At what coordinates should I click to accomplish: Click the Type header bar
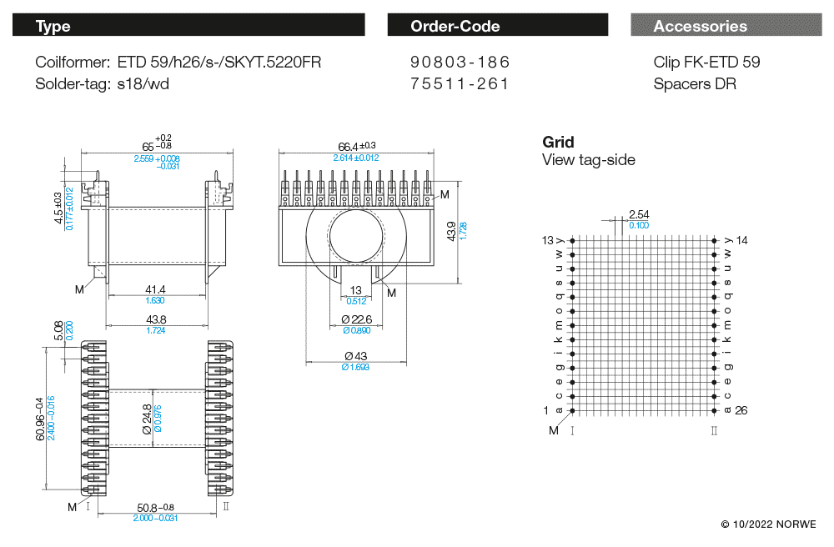pos(188,26)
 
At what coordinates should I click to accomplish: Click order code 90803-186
pos(460,63)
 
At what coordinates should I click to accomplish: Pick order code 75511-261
pos(460,83)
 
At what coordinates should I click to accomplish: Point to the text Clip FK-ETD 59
pos(706,63)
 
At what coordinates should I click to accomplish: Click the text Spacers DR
pos(695,83)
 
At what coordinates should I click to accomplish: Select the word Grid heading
pos(558,143)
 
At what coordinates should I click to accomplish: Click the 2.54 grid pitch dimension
pos(639,215)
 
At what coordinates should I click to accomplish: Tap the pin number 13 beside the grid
pos(548,240)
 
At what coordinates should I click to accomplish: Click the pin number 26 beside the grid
pos(741,410)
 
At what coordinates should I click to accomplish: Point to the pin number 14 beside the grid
pos(741,240)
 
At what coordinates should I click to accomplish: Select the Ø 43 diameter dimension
pos(355,357)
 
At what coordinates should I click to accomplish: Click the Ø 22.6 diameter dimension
pos(357,320)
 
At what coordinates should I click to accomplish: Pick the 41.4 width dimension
pos(155,289)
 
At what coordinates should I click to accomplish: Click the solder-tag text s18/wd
pos(143,83)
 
